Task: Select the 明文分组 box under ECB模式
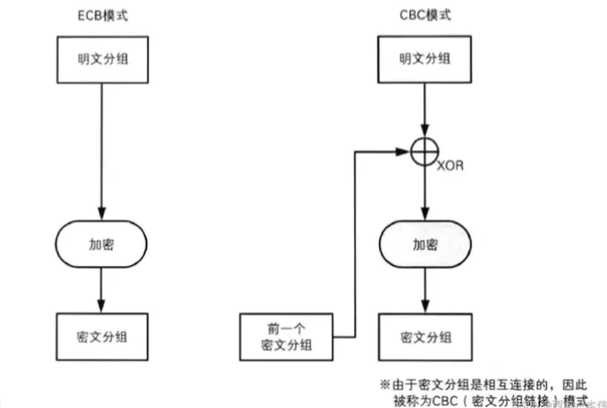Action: [x=103, y=60]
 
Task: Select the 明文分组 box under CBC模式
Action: [x=427, y=60]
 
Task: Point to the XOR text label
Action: [x=452, y=164]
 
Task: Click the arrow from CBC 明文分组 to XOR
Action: [x=427, y=109]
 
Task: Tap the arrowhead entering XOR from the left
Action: [x=407, y=152]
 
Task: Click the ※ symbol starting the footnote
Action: [x=385, y=384]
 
